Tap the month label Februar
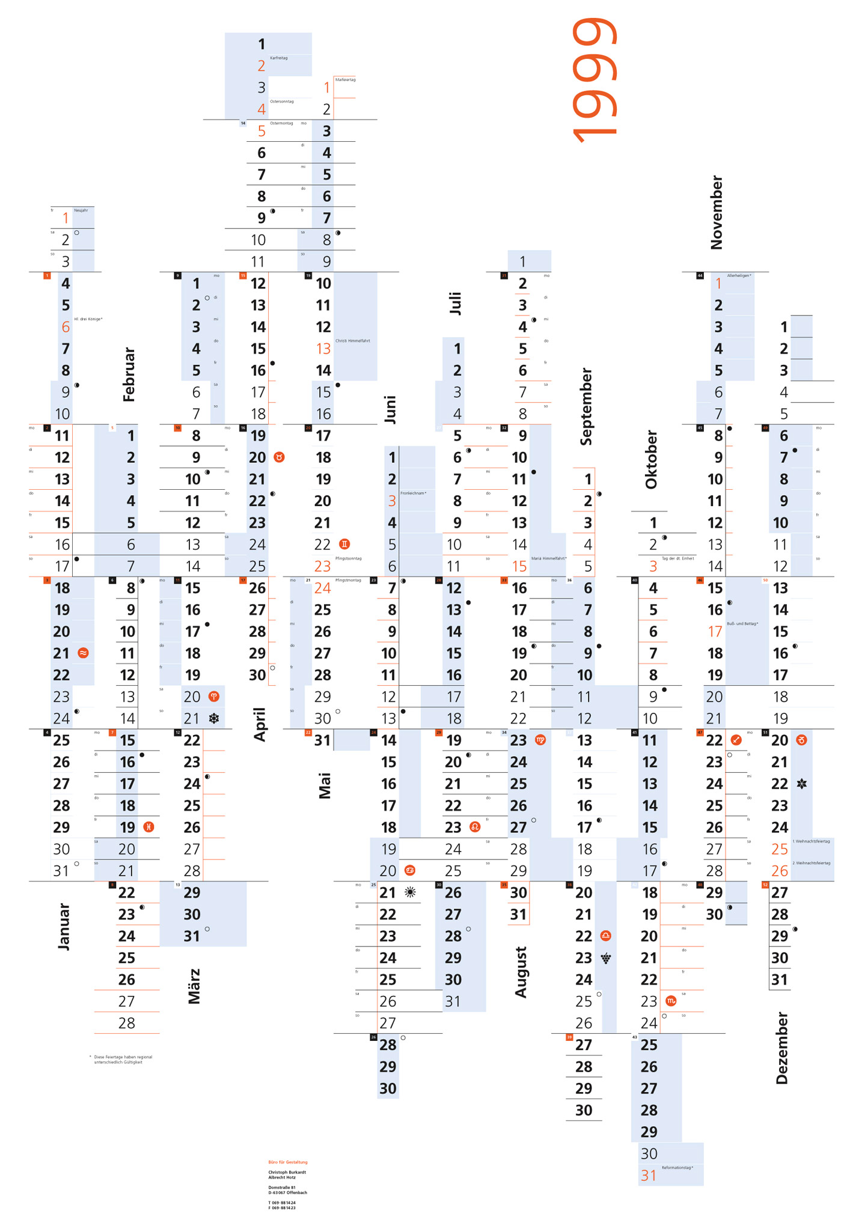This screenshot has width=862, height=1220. (x=129, y=374)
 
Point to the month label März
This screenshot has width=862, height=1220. (x=194, y=986)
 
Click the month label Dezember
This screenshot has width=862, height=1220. (x=781, y=1048)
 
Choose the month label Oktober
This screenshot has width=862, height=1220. (x=651, y=459)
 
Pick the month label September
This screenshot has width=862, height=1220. (x=586, y=406)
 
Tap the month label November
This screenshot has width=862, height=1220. (x=716, y=212)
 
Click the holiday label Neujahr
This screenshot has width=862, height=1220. (x=81, y=210)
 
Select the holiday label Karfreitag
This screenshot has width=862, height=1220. (x=279, y=58)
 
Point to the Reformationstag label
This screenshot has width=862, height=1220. (x=677, y=1168)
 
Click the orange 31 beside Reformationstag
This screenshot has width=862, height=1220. (x=649, y=1176)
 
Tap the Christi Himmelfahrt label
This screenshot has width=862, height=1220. (x=353, y=341)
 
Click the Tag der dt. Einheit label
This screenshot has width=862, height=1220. (x=678, y=558)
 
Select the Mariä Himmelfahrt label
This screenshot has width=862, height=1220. (x=549, y=558)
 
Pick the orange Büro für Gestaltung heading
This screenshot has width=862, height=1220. (x=288, y=1162)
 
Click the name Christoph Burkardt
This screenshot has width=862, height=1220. (x=287, y=1172)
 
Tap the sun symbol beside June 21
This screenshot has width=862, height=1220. (x=411, y=892)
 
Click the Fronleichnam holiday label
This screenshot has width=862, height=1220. (x=414, y=493)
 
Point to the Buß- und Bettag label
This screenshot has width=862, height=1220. (x=743, y=624)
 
